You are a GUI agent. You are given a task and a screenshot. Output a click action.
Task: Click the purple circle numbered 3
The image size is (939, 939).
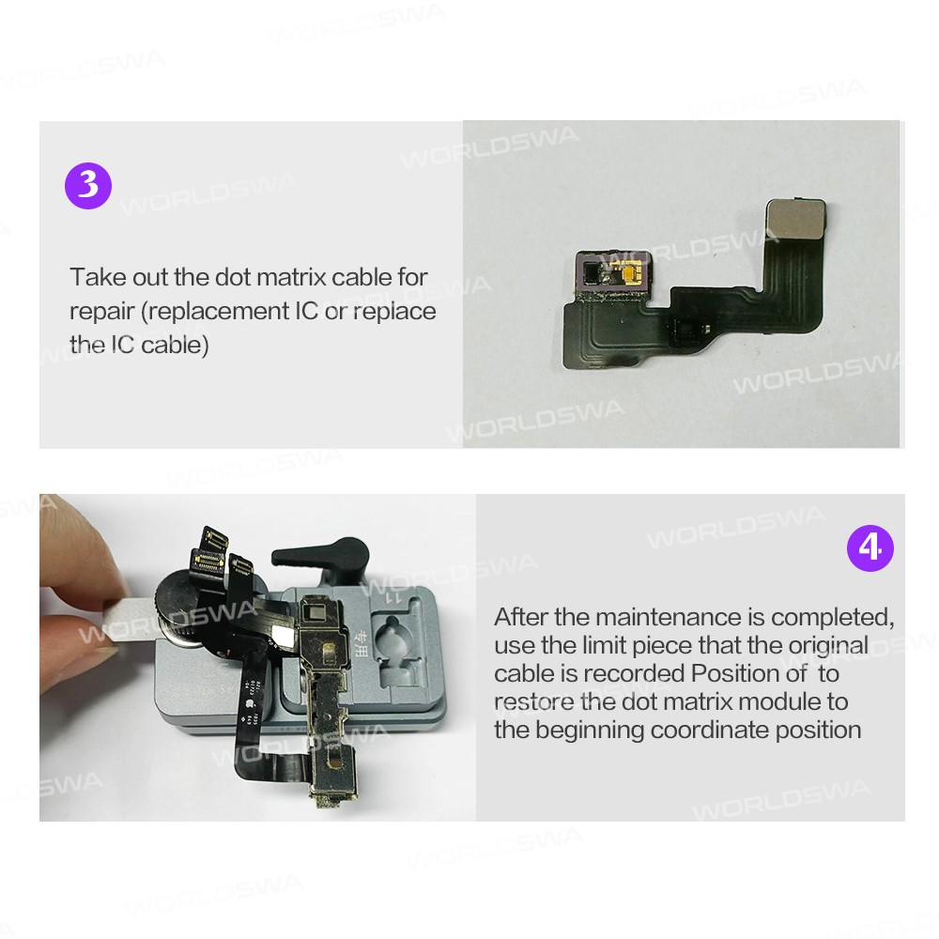(88, 185)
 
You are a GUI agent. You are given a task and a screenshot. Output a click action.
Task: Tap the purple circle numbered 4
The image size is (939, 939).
(870, 548)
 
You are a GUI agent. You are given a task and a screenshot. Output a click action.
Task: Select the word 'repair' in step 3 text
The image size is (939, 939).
(101, 312)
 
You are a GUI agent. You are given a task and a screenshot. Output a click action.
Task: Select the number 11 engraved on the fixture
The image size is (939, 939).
(393, 597)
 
